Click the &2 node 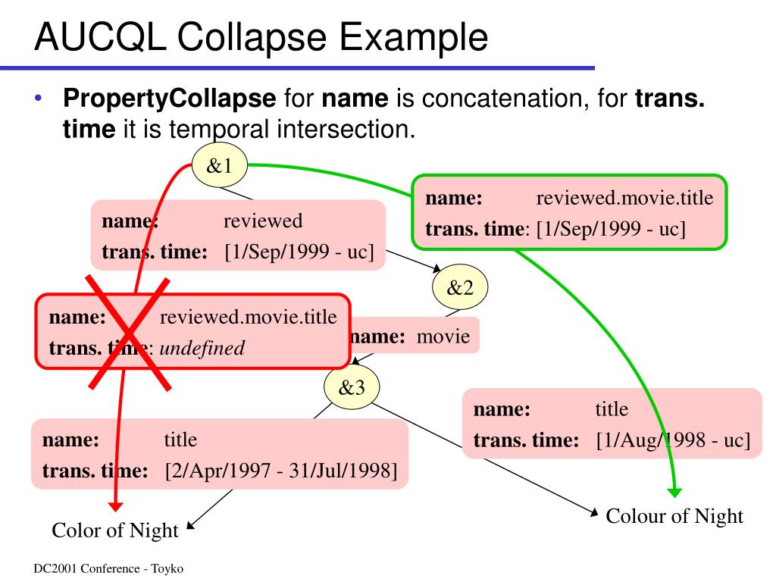(x=459, y=288)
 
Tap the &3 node (x=352, y=388)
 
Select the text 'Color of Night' (x=115, y=530)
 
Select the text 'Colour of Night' (x=674, y=516)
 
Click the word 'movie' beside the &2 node (x=443, y=337)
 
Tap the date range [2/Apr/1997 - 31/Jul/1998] (x=281, y=471)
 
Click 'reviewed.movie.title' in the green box (x=624, y=199)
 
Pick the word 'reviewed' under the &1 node (x=262, y=221)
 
